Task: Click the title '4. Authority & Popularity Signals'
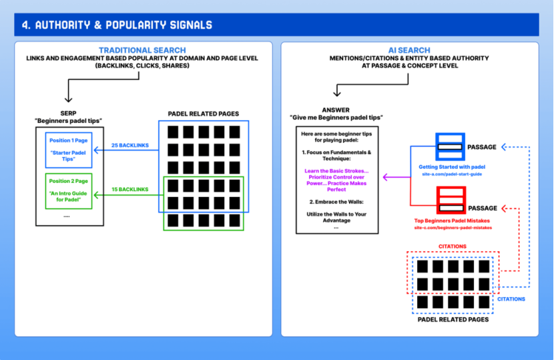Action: pyautogui.click(x=117, y=25)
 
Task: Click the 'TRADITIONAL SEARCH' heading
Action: pyautogui.click(x=142, y=50)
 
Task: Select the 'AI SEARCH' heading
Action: pyautogui.click(x=408, y=50)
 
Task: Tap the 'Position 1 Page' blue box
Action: pyautogui.click(x=69, y=150)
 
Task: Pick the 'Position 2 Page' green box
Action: pyautogui.click(x=69, y=190)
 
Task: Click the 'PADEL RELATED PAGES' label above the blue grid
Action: pyautogui.click(x=204, y=114)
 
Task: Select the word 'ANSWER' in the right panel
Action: pyautogui.click(x=336, y=110)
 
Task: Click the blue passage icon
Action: pyautogui.click(x=450, y=147)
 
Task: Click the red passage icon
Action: pyautogui.click(x=450, y=200)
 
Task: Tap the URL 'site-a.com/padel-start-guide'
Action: pyautogui.click(x=452, y=174)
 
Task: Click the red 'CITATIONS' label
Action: pyautogui.click(x=453, y=246)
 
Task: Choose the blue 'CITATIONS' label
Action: pyautogui.click(x=511, y=299)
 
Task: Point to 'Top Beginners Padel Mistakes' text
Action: pyautogui.click(x=452, y=220)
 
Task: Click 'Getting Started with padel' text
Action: pyautogui.click(x=452, y=166)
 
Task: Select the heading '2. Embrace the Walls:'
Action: pyautogui.click(x=336, y=201)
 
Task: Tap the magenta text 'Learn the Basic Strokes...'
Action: pyautogui.click(x=336, y=171)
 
